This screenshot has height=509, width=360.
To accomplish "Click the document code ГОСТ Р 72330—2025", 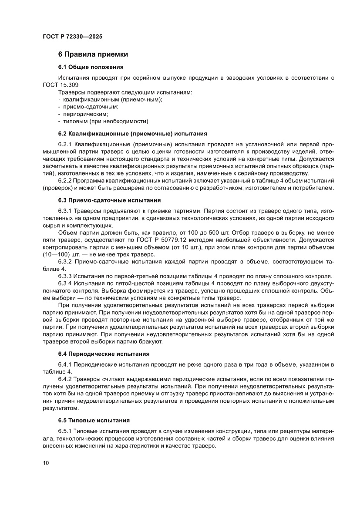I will click(x=73, y=37).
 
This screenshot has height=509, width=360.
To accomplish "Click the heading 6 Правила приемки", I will click(x=93, y=54).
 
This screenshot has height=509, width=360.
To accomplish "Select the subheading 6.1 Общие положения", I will click(x=91, y=67).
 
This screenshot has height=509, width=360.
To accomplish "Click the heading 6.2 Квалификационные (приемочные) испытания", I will click(x=132, y=133).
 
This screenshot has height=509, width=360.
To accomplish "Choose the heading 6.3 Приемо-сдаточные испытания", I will click(x=110, y=200).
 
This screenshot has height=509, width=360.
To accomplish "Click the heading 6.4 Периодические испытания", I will click(x=104, y=354).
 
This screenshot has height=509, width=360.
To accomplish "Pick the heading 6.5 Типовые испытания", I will click(x=94, y=420).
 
